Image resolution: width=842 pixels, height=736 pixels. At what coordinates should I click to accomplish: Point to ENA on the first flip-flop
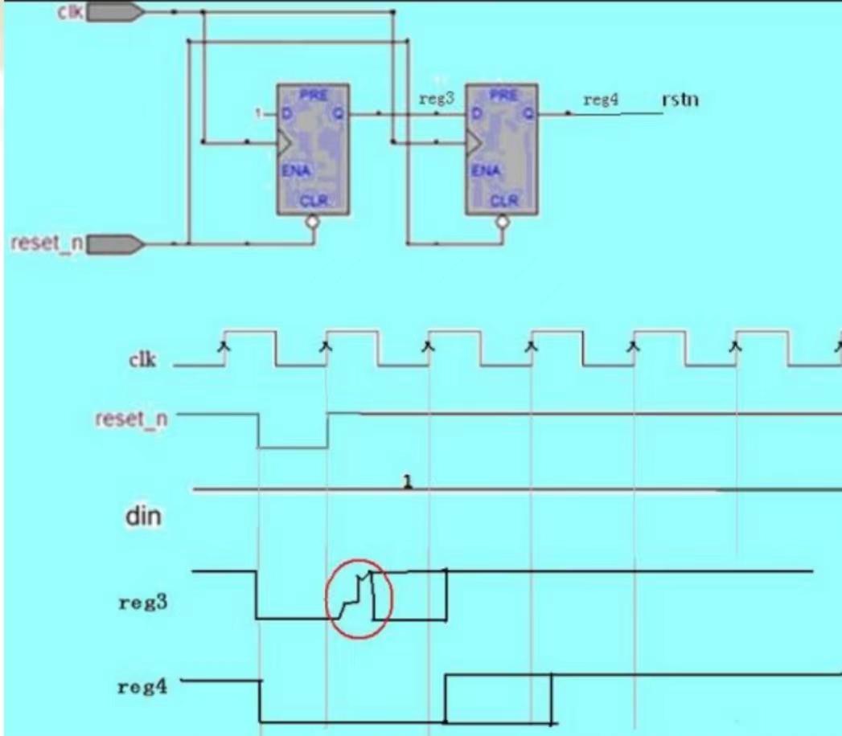coord(295,170)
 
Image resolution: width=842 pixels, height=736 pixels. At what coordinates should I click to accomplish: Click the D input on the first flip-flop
coord(283,114)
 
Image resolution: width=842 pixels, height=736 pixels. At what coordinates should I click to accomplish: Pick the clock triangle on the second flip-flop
coord(473,142)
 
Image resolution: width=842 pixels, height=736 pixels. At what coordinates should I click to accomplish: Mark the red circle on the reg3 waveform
coord(359,598)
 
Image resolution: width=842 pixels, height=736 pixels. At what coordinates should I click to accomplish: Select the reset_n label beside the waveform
coord(130,419)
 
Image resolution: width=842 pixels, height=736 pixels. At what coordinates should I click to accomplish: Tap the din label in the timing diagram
coord(142,516)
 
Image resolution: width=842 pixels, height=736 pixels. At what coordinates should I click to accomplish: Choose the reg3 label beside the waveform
coord(141,602)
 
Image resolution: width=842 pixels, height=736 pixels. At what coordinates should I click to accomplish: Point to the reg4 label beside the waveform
coord(142,687)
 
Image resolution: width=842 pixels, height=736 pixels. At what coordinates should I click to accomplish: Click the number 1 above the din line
coord(408,481)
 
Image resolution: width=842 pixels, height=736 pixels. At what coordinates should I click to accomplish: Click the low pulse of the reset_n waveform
coord(293,446)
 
